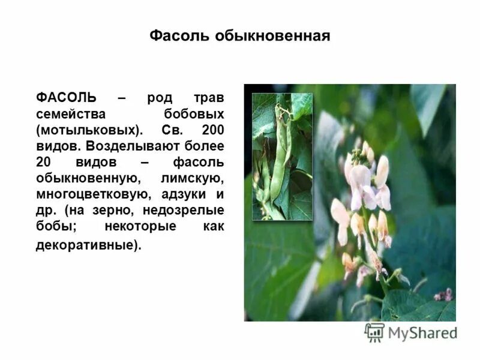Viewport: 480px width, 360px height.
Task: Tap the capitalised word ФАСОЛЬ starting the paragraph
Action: pyautogui.click(x=66, y=98)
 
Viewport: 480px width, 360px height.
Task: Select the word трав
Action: pyautogui.click(x=209, y=98)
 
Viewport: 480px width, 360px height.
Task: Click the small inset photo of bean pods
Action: pyautogui.click(x=282, y=156)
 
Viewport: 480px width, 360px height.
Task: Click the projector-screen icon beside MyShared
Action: pyautogui.click(x=374, y=332)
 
